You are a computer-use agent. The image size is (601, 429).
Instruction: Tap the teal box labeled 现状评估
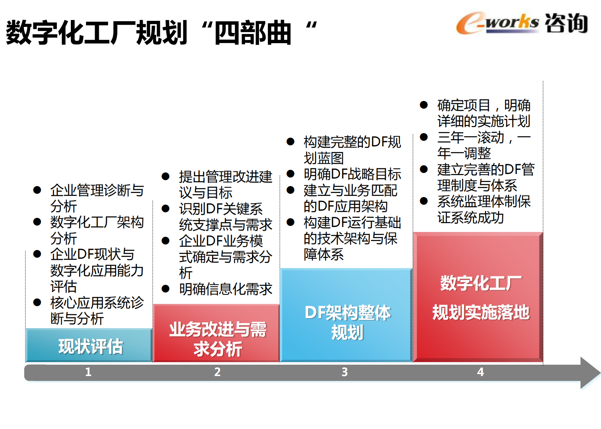[x=89, y=345]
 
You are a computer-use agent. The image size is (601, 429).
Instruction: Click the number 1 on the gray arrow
[x=88, y=372]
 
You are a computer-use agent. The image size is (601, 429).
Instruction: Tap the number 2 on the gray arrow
[x=217, y=372]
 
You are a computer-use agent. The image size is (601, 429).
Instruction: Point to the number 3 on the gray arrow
[x=345, y=372]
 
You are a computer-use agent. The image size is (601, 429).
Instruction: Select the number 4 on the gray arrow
[x=480, y=372]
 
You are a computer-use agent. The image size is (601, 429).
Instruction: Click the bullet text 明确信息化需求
[x=226, y=289]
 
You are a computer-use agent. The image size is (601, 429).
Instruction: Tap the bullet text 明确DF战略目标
[x=352, y=174]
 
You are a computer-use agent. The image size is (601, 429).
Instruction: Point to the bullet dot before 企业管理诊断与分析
[x=37, y=190]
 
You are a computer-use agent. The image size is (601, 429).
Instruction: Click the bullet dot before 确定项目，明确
[x=424, y=105]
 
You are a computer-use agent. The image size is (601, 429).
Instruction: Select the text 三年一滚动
[x=471, y=137]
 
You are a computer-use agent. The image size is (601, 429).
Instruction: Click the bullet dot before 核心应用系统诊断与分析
[x=37, y=302]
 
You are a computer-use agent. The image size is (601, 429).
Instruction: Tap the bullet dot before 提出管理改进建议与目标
[x=165, y=176]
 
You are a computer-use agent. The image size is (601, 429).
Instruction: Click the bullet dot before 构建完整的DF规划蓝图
[x=290, y=141]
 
